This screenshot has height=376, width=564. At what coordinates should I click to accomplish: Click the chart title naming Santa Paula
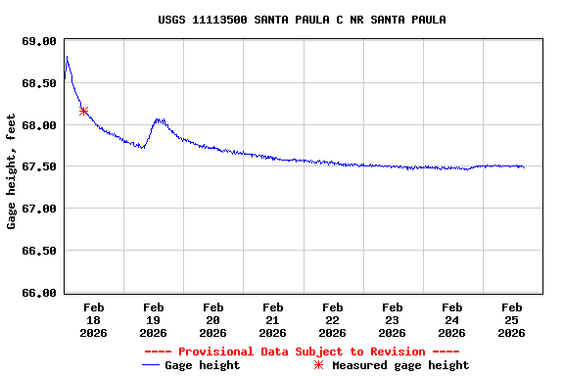tap(302, 20)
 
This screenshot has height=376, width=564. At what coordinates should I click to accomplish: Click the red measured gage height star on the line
tap(84, 112)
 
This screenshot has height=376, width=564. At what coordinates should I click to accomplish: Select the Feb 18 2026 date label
tap(93, 320)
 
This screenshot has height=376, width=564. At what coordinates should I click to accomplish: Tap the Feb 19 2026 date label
tap(153, 320)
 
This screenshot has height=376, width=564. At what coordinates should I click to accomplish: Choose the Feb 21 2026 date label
tap(272, 320)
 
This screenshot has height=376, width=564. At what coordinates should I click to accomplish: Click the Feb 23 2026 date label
tap(392, 320)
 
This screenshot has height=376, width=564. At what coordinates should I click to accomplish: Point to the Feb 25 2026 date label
tap(511, 320)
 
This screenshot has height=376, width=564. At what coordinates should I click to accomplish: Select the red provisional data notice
tap(302, 352)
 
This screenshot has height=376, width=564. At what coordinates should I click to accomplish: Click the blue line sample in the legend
tap(150, 365)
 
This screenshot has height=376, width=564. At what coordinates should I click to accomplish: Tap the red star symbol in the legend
tap(318, 365)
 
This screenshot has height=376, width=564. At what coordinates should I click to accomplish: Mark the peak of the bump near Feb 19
tap(159, 119)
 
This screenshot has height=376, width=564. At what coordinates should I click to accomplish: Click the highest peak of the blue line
tap(67, 57)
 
